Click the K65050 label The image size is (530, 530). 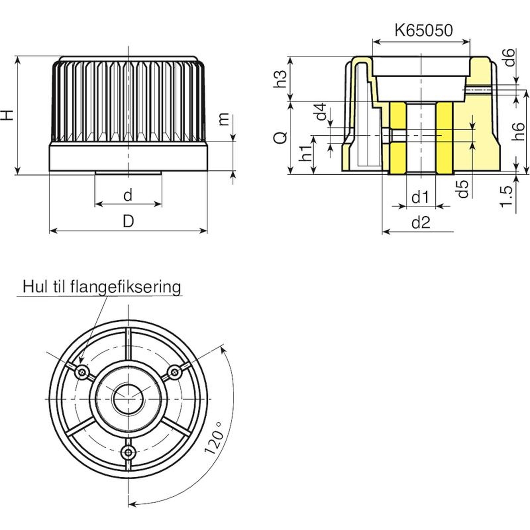point(423,30)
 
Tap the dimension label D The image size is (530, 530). point(128,221)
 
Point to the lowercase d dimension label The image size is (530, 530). point(128,195)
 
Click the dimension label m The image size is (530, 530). point(224,119)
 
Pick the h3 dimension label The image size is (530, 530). point(280,79)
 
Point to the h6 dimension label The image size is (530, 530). point(518,131)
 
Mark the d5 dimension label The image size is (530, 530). point(463,189)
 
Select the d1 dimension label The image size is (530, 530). point(420,197)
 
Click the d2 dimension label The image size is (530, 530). point(421,223)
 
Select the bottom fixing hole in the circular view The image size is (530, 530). point(128,451)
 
